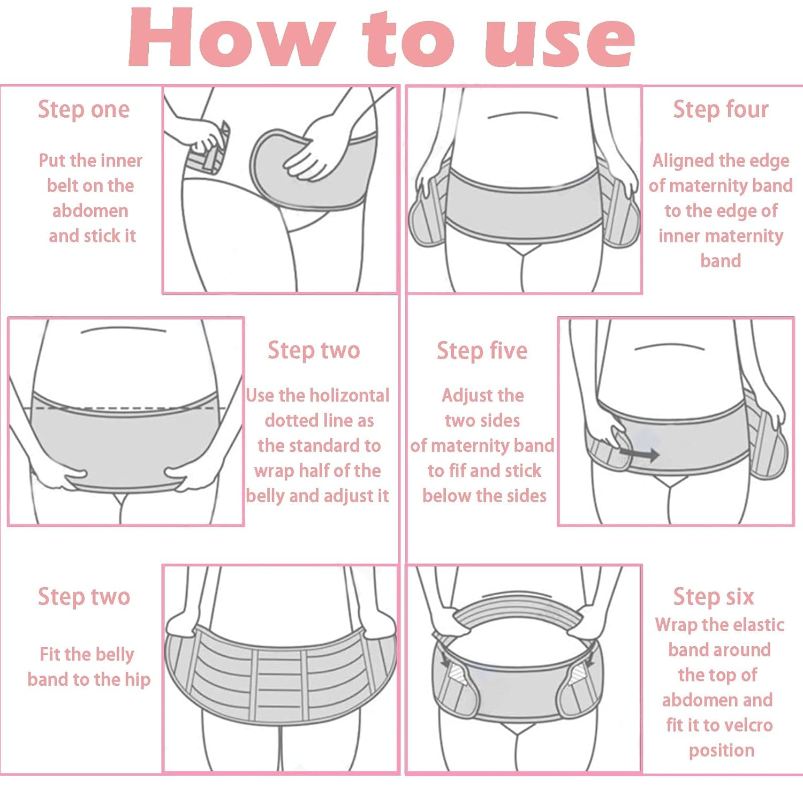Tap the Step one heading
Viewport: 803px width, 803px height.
point(84,110)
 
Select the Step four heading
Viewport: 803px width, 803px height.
point(721,110)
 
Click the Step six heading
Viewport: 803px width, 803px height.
point(713,597)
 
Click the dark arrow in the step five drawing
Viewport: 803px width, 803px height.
point(639,455)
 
